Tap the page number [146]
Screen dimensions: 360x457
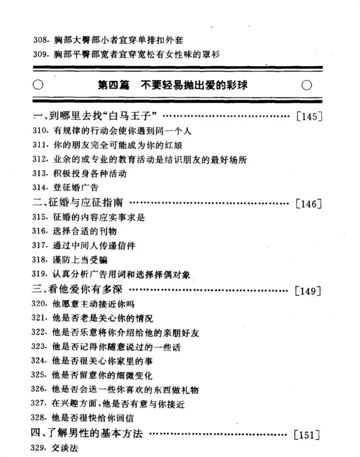tap(308, 204)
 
